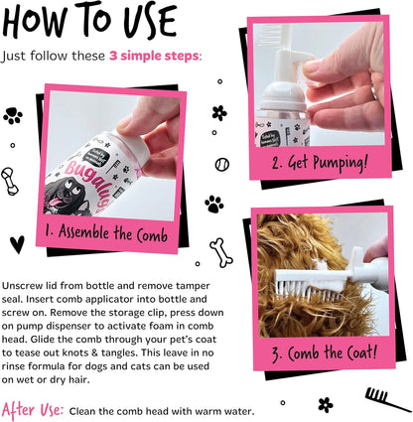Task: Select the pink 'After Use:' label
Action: (35, 408)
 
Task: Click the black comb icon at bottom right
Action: (376, 397)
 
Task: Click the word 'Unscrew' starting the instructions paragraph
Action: (25, 285)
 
